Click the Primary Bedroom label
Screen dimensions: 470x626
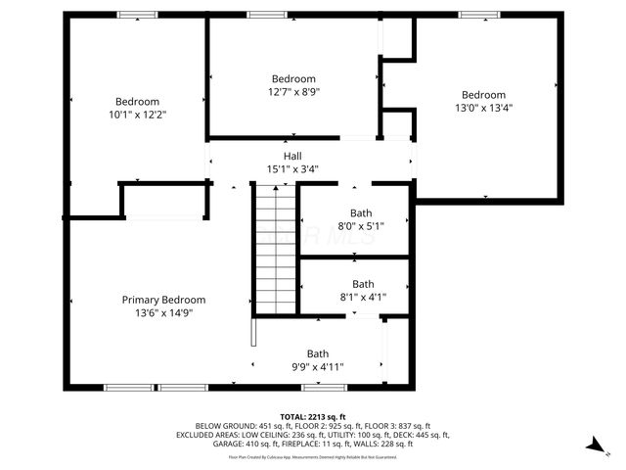tap(163, 300)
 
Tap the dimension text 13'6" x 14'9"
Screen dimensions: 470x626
tap(163, 313)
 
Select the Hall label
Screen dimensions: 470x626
tap(292, 156)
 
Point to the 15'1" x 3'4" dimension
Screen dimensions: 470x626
tap(292, 168)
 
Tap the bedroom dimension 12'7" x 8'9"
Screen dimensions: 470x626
tap(293, 92)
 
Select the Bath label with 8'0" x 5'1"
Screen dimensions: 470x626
tap(362, 212)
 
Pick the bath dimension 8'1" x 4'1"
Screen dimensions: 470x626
tap(363, 297)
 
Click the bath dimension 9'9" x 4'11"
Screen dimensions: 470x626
tap(318, 367)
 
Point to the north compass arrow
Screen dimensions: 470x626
tap(593, 445)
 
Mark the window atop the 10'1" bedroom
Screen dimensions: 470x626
tap(137, 15)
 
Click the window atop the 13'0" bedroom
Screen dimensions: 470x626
tap(479, 15)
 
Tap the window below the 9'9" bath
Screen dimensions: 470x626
tap(319, 387)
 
